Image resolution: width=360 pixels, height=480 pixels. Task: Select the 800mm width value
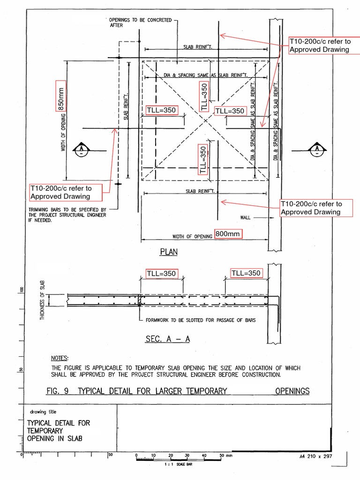228,234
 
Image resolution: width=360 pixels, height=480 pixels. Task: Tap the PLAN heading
169,252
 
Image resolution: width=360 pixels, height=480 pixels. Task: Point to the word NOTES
60,358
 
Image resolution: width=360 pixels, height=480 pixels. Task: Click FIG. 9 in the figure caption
60,391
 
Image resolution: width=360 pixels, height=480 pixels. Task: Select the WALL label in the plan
246,217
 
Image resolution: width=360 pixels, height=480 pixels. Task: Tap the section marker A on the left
82,149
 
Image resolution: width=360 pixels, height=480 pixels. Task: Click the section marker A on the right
317,149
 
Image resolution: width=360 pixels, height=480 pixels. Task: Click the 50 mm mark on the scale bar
221,455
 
